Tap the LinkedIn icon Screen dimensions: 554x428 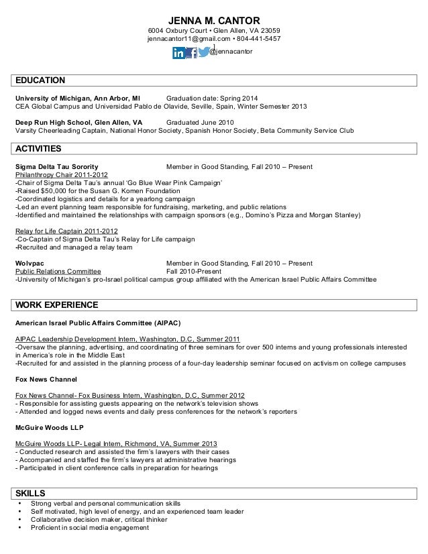(x=179, y=52)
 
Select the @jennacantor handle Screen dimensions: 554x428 (x=231, y=52)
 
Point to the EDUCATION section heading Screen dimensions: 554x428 (x=40, y=80)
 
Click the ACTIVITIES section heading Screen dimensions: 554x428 (x=38, y=148)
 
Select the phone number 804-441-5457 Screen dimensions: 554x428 (x=260, y=40)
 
